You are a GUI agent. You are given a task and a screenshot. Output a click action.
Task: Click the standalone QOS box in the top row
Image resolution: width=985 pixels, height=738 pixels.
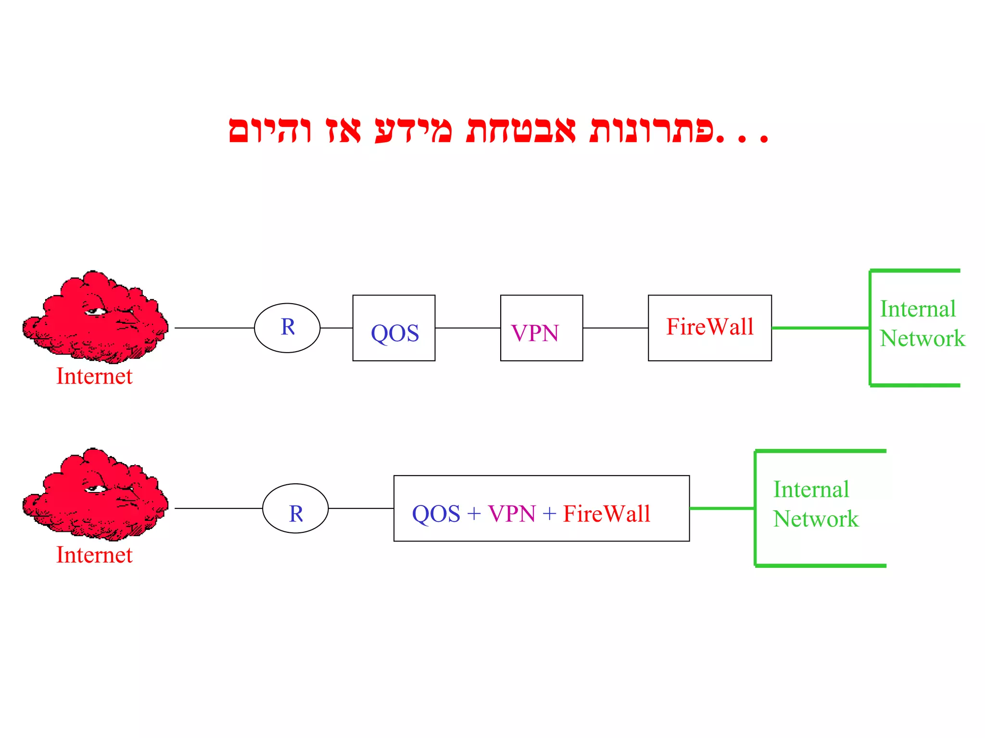(394, 328)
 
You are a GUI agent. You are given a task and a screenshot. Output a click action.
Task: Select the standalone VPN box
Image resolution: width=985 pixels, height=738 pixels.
(542, 328)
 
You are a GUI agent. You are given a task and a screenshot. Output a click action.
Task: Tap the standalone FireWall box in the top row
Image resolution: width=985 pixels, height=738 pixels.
(710, 328)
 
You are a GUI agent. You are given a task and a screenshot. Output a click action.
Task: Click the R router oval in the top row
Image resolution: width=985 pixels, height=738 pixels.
(287, 328)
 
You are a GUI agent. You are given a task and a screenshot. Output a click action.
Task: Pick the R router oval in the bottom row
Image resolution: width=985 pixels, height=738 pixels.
(295, 508)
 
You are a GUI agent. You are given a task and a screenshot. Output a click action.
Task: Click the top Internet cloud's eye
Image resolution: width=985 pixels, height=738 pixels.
(96, 312)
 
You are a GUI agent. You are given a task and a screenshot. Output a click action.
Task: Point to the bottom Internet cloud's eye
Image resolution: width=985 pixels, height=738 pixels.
(96, 489)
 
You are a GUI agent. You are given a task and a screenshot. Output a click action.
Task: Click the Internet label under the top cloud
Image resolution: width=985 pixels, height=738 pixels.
(94, 376)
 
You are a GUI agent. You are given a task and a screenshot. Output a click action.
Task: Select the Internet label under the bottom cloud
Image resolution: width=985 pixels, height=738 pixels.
(94, 555)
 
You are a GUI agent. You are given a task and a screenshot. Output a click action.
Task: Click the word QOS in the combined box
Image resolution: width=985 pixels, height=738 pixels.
(436, 514)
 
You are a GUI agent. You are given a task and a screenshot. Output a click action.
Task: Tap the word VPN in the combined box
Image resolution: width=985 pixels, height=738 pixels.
(512, 514)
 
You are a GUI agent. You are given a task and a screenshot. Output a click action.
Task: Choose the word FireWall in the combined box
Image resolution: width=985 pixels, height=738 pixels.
(607, 514)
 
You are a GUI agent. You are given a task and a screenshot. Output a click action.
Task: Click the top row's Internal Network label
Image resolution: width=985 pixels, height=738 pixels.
(922, 323)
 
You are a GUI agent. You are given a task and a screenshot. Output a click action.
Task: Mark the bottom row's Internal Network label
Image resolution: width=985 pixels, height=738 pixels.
(816, 504)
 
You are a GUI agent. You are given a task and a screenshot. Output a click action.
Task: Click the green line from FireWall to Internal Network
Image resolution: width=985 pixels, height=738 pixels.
(821, 328)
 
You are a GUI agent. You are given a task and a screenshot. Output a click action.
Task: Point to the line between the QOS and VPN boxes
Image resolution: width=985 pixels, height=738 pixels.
(467, 328)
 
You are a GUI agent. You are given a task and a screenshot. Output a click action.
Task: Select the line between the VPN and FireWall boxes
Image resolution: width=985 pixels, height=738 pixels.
(616, 328)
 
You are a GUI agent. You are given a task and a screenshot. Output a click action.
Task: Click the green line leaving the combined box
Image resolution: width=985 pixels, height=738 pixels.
(722, 508)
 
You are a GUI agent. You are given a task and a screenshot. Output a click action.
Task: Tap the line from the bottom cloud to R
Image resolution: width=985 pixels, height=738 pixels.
(218, 508)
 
